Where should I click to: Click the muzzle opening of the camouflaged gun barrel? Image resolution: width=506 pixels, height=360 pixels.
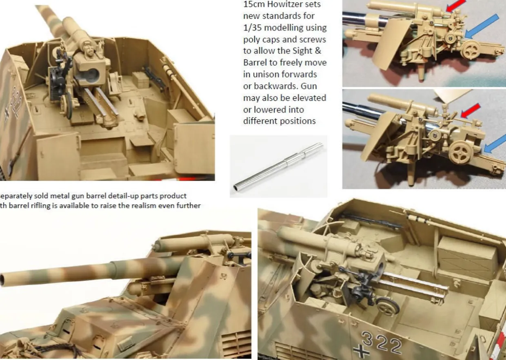pos(3,280)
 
